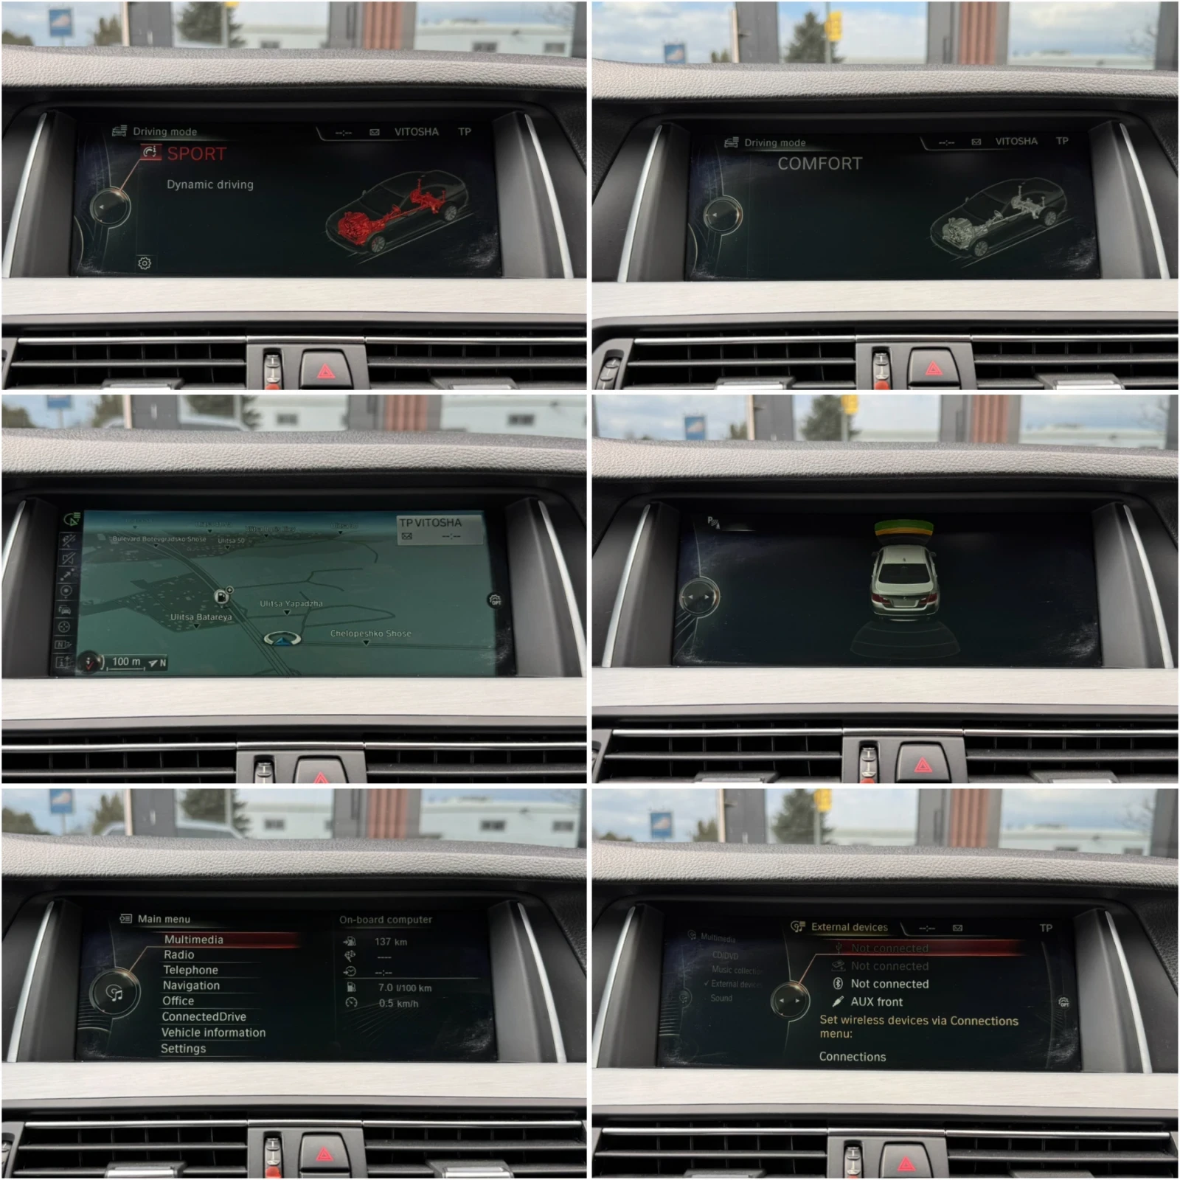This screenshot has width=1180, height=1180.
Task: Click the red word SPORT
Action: tap(196, 154)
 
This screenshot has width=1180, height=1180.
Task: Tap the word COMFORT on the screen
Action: tap(819, 164)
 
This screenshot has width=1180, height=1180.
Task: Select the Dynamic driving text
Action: tap(209, 184)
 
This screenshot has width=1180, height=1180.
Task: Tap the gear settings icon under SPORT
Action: tap(145, 263)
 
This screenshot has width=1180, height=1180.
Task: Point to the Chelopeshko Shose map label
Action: tap(370, 634)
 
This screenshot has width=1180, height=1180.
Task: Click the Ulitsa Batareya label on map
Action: tap(201, 617)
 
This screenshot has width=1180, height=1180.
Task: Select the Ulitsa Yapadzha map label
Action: tap(291, 604)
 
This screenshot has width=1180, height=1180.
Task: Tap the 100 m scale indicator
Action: tap(126, 662)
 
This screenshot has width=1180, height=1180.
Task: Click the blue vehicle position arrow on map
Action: tap(282, 640)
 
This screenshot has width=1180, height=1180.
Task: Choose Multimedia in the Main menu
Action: tap(193, 940)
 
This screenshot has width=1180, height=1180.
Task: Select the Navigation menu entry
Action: tap(191, 985)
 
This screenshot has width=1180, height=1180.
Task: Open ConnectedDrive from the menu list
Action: tap(204, 1016)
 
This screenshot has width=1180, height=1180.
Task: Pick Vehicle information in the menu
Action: tap(213, 1032)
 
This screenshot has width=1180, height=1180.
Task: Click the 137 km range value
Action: tap(390, 942)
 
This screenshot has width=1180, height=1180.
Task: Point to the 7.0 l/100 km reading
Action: tap(404, 988)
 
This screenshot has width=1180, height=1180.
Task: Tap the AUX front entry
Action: tap(876, 1002)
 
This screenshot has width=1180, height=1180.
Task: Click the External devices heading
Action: tap(849, 927)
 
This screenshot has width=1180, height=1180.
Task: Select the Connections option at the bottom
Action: tap(852, 1057)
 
